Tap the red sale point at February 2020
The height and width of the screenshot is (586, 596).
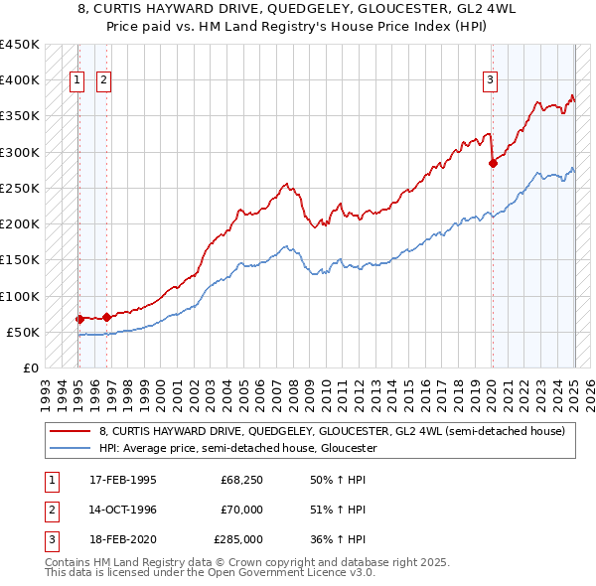click(493, 164)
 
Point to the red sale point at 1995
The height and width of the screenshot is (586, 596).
click(79, 319)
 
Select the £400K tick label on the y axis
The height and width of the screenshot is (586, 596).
click(20, 80)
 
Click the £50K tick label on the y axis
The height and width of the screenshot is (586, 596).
click(23, 332)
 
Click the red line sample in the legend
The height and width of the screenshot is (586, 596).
click(70, 431)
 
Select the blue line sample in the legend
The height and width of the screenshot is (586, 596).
click(70, 448)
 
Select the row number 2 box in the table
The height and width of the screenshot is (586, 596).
click(49, 510)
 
